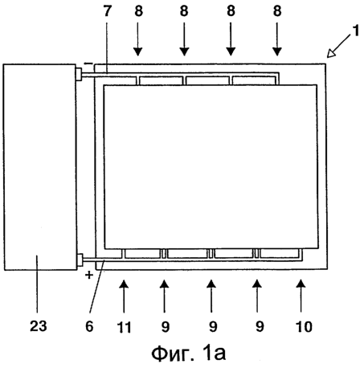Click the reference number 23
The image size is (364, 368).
click(39, 326)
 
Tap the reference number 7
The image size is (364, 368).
click(108, 11)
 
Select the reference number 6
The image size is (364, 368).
click(89, 326)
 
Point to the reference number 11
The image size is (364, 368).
click(124, 327)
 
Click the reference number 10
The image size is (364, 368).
click(304, 327)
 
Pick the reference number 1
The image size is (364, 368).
click(356, 31)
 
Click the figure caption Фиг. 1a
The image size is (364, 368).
click(189, 354)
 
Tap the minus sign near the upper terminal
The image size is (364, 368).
click(88, 63)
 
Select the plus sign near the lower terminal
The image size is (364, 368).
click(89, 275)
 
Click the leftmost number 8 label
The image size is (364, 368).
click(138, 11)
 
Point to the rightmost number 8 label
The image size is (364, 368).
click(277, 11)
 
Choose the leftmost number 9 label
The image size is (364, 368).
click(166, 327)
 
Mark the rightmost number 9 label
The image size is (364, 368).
click(260, 327)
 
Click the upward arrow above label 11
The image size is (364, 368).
click(124, 296)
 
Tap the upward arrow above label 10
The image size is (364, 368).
click(301, 296)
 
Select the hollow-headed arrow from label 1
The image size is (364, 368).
click(338, 46)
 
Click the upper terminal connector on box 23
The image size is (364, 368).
click(79, 74)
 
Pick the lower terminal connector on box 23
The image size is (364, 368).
click(80, 260)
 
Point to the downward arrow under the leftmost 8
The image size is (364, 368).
click(137, 39)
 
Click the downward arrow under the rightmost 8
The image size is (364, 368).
click(277, 39)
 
